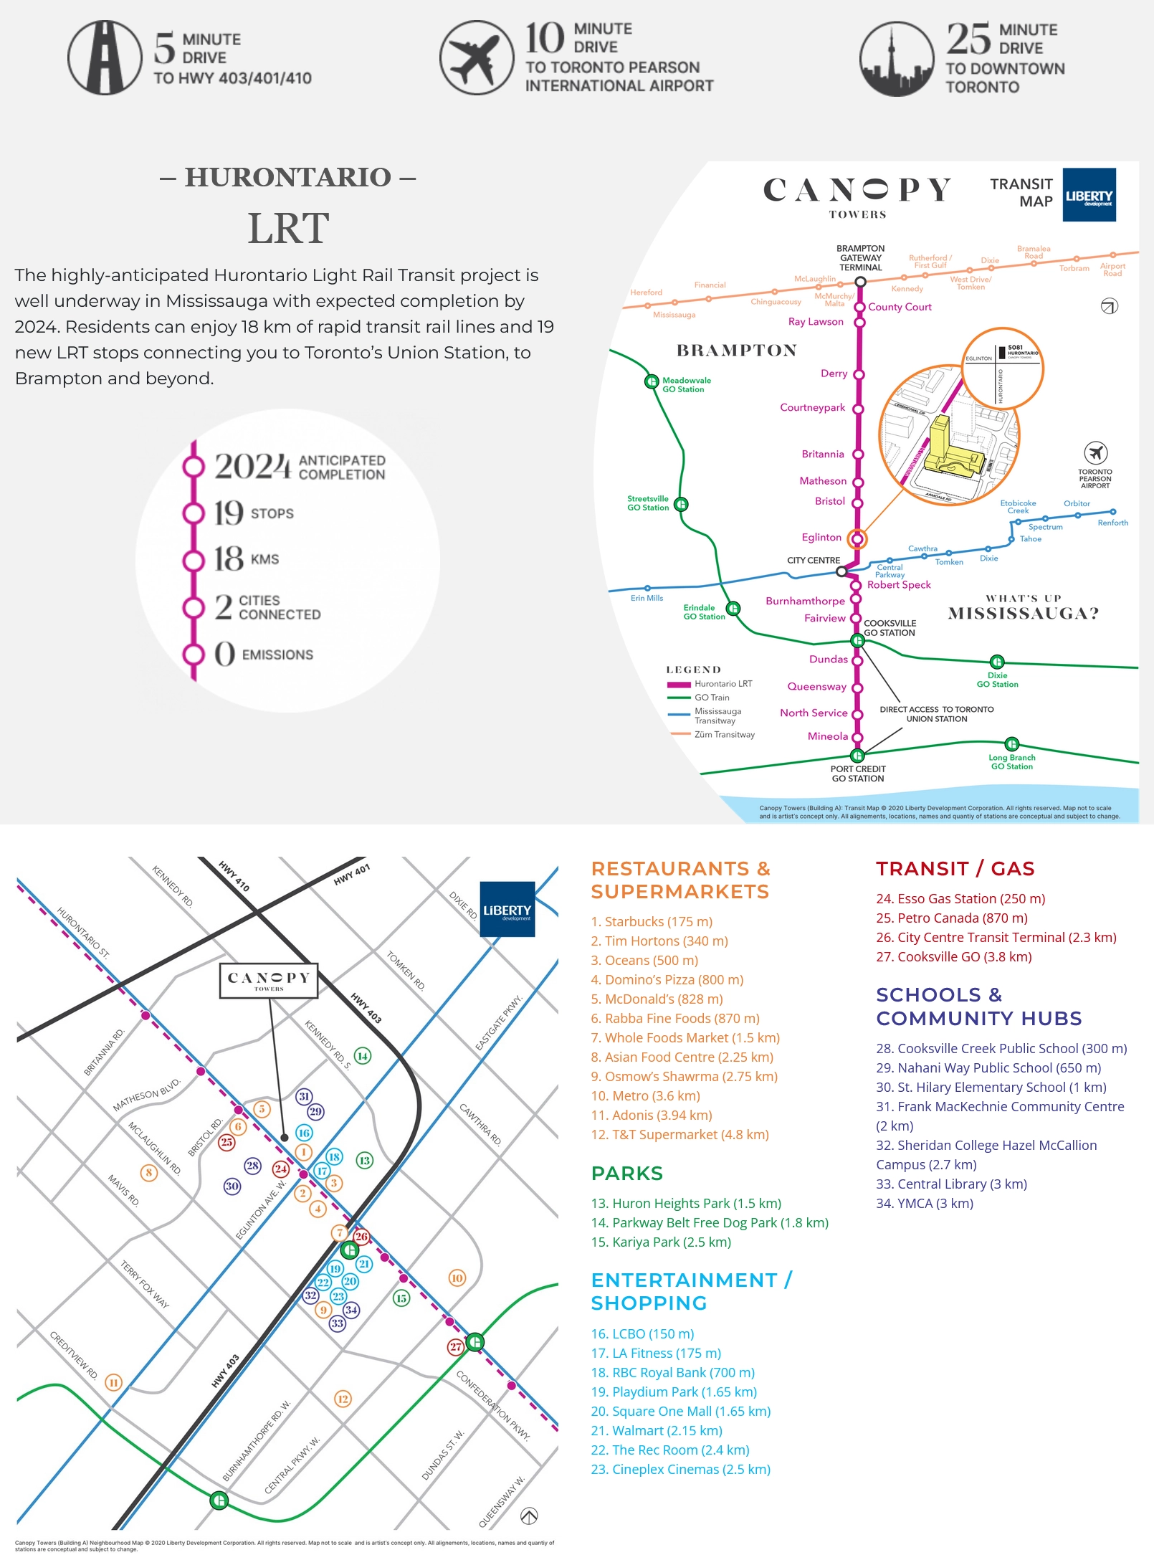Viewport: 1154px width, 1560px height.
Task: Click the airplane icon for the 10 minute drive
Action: (476, 57)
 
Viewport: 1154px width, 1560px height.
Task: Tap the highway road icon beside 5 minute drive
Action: (105, 57)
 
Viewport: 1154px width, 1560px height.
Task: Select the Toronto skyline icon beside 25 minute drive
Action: (896, 59)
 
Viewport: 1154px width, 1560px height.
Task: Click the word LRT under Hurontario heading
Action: (288, 229)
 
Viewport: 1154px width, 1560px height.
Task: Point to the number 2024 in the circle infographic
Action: (252, 467)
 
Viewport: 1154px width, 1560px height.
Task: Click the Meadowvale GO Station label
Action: (686, 385)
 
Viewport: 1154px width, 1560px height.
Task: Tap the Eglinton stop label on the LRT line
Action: (821, 537)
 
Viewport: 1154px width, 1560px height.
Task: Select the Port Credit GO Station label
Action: (858, 774)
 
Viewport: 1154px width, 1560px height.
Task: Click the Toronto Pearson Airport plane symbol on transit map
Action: (1095, 453)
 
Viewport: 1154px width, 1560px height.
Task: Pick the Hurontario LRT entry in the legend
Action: (723, 684)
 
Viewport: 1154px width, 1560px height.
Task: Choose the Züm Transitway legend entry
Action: (724, 734)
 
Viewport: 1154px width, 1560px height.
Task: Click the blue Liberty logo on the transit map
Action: (1089, 195)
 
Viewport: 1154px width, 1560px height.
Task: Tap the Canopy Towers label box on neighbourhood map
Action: (269, 981)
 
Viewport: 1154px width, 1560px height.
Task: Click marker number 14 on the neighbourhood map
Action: (363, 1055)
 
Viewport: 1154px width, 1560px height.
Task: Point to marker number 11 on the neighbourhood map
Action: (113, 1381)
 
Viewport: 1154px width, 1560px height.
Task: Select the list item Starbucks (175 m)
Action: (652, 921)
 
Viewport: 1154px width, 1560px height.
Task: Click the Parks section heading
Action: (627, 1173)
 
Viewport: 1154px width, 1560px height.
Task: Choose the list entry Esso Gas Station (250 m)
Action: (960, 898)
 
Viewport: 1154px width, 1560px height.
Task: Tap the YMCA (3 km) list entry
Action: (925, 1203)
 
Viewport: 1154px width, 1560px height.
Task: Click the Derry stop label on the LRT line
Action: (834, 374)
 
